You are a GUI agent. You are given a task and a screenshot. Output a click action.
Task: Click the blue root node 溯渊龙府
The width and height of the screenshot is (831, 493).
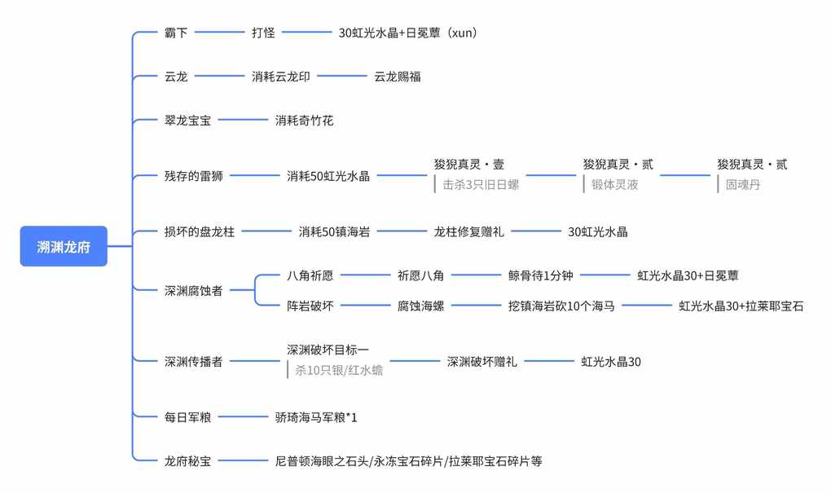[x=64, y=246]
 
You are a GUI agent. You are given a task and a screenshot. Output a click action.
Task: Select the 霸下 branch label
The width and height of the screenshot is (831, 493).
[x=176, y=33]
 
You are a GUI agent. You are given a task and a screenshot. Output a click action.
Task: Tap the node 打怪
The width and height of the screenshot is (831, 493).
[x=263, y=33]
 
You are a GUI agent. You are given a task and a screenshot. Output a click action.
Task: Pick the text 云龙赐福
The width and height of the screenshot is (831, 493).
[x=398, y=77]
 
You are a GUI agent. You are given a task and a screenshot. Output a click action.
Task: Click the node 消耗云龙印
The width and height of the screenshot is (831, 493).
[x=281, y=77]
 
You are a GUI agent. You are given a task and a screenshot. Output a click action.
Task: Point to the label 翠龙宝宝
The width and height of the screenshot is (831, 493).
[x=187, y=121]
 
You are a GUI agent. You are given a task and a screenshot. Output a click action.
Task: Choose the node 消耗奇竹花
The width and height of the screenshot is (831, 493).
[x=304, y=121]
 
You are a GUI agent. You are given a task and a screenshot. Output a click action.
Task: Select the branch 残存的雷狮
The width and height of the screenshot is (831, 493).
[x=193, y=175]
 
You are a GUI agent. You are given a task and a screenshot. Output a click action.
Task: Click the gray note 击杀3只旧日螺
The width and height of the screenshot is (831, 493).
[x=481, y=185]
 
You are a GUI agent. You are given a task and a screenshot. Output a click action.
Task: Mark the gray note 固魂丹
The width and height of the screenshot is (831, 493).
[x=743, y=185]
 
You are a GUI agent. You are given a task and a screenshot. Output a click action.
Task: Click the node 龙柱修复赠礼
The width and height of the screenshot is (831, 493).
[x=469, y=231]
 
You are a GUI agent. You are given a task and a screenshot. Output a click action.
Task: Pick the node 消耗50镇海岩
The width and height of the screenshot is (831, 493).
[x=334, y=231]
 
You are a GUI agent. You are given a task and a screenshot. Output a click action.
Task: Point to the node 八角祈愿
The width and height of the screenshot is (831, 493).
[x=310, y=275]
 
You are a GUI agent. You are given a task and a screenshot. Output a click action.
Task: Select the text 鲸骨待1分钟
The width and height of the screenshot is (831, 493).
[x=541, y=275]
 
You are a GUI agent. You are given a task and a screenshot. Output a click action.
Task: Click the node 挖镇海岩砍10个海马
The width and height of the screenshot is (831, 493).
[x=561, y=306]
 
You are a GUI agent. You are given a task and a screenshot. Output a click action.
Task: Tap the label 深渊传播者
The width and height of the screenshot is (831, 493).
[x=193, y=362]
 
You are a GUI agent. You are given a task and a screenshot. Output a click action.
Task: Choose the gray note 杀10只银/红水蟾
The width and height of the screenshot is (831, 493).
[x=339, y=371]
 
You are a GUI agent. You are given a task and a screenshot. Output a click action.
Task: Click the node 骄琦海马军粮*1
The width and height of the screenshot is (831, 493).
[x=316, y=418]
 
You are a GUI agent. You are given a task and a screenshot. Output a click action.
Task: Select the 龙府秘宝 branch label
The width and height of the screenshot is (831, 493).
[x=187, y=461]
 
